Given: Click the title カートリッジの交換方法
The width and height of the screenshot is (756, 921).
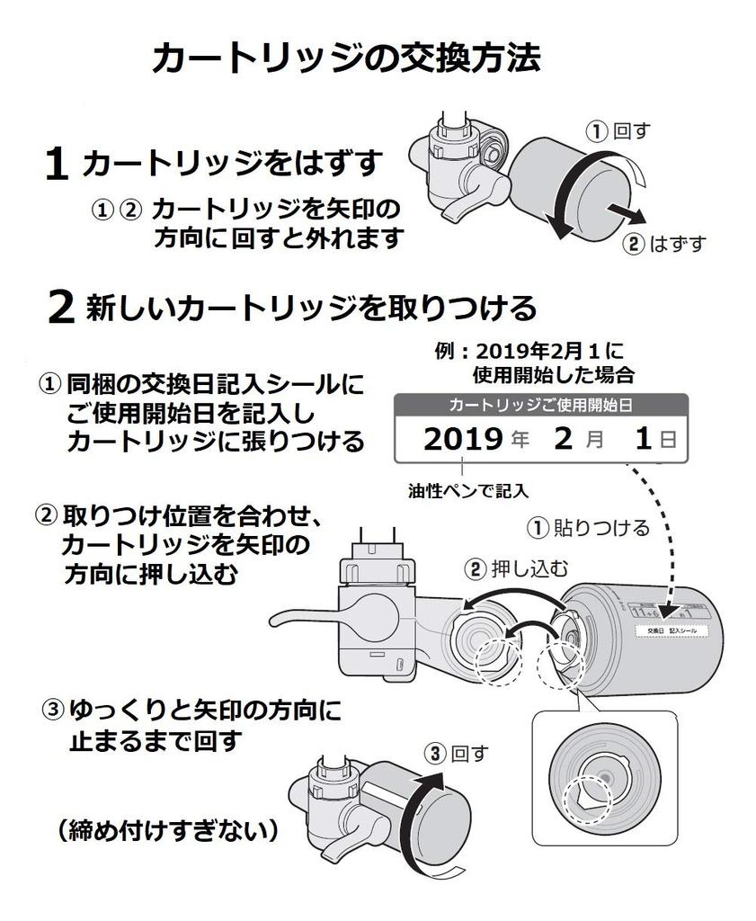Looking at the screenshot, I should point(346,59).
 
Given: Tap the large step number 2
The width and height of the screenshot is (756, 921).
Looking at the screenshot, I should point(60,308).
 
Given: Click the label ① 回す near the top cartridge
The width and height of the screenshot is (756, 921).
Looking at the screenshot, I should point(618,131).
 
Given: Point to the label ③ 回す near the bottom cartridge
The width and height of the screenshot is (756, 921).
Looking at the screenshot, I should point(458,751).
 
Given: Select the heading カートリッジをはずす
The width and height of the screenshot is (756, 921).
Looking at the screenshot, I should point(233,164).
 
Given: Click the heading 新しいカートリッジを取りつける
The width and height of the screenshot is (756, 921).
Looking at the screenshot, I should point(311,308).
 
